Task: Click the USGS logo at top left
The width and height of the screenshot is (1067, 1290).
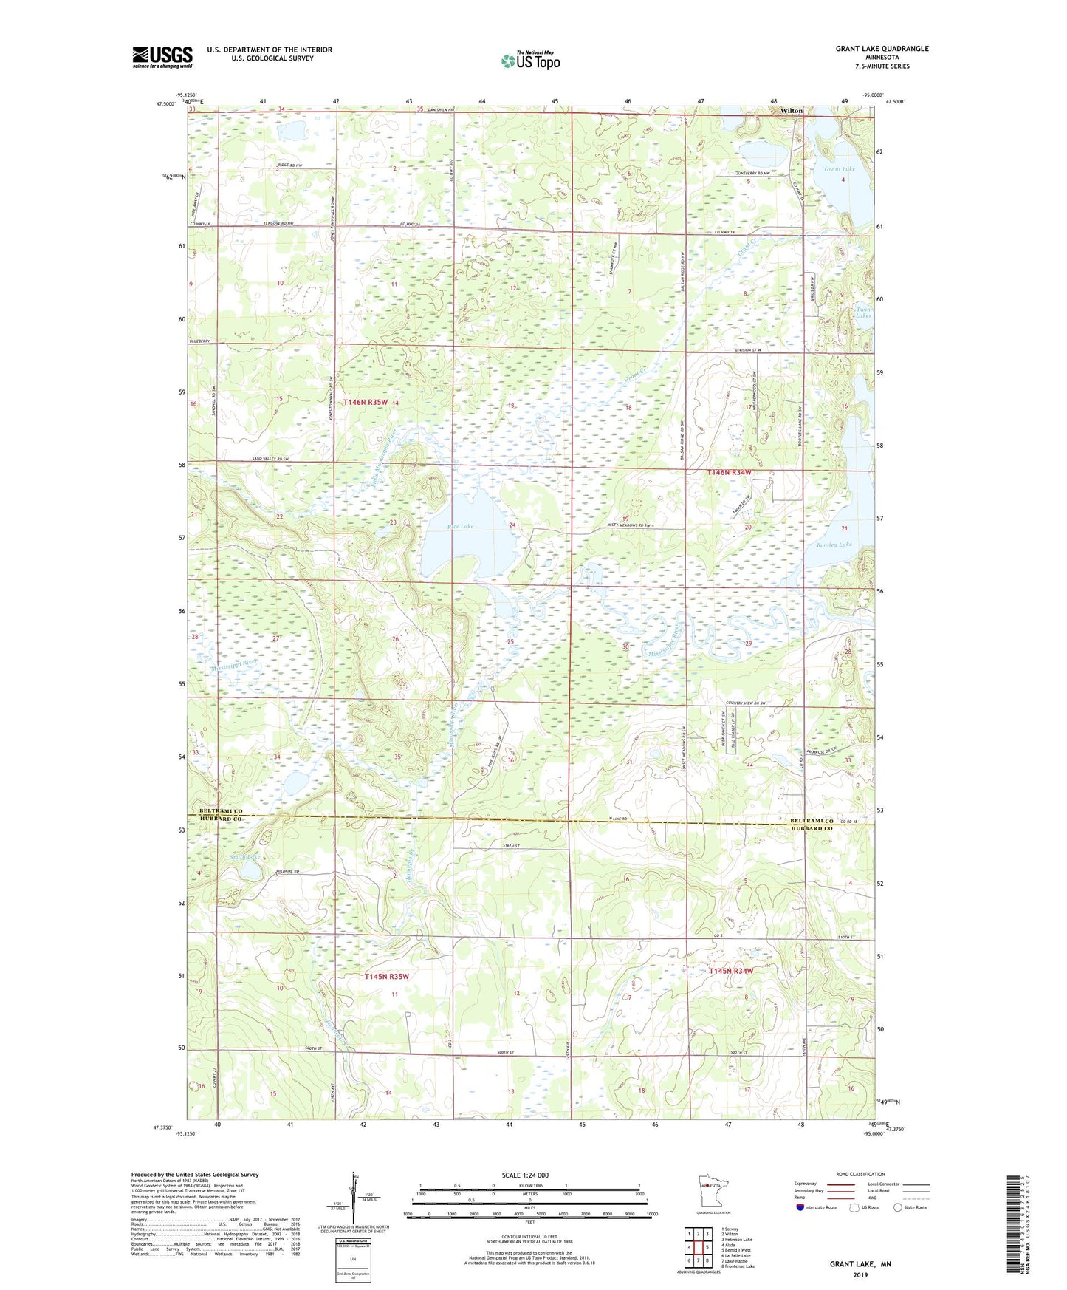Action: click(x=162, y=57)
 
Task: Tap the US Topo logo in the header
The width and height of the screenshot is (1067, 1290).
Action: click(x=530, y=61)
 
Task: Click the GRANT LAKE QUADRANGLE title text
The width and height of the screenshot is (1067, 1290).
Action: click(x=882, y=49)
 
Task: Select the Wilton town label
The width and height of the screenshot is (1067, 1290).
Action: click(x=792, y=111)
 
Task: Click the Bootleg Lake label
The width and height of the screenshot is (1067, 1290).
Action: click(x=834, y=545)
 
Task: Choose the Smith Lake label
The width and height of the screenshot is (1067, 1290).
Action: click(x=244, y=857)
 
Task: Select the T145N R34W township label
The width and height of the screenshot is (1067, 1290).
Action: click(x=730, y=971)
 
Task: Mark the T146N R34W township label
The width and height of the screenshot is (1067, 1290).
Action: click(x=729, y=472)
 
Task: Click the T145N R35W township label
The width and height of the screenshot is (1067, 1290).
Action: click(x=386, y=976)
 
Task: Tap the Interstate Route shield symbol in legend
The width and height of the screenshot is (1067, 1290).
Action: click(x=800, y=1207)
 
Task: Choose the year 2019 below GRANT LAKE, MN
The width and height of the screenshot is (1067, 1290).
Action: click(x=860, y=1274)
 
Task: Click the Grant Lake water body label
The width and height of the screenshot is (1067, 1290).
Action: click(x=840, y=169)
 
